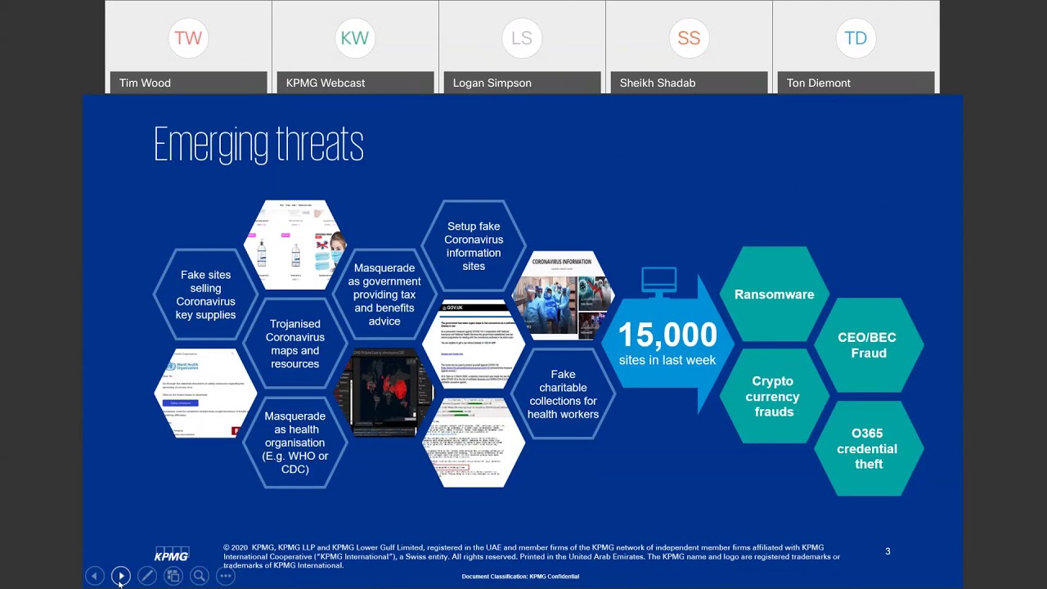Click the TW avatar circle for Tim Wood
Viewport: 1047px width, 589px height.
[188, 38]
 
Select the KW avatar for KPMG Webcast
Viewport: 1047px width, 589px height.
[355, 38]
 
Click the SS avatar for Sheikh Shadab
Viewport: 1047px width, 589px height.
[689, 38]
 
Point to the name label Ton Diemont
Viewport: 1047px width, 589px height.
[819, 83]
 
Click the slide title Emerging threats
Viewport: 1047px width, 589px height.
[258, 145]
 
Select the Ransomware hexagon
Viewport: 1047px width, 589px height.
[774, 294]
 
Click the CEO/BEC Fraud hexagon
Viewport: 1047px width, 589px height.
[868, 346]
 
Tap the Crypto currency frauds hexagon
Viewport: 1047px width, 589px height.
[772, 397]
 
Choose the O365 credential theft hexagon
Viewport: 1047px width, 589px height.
[868, 448]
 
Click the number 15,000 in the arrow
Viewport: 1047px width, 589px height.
[667, 335]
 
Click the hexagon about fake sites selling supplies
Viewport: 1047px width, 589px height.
[206, 294]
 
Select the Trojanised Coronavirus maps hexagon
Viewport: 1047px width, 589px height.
[295, 344]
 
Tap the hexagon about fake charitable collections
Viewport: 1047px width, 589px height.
[563, 394]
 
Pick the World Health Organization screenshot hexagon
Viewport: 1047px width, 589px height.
[205, 393]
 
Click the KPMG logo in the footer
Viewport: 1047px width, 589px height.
[172, 555]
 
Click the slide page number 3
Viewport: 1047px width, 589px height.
[887, 551]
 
